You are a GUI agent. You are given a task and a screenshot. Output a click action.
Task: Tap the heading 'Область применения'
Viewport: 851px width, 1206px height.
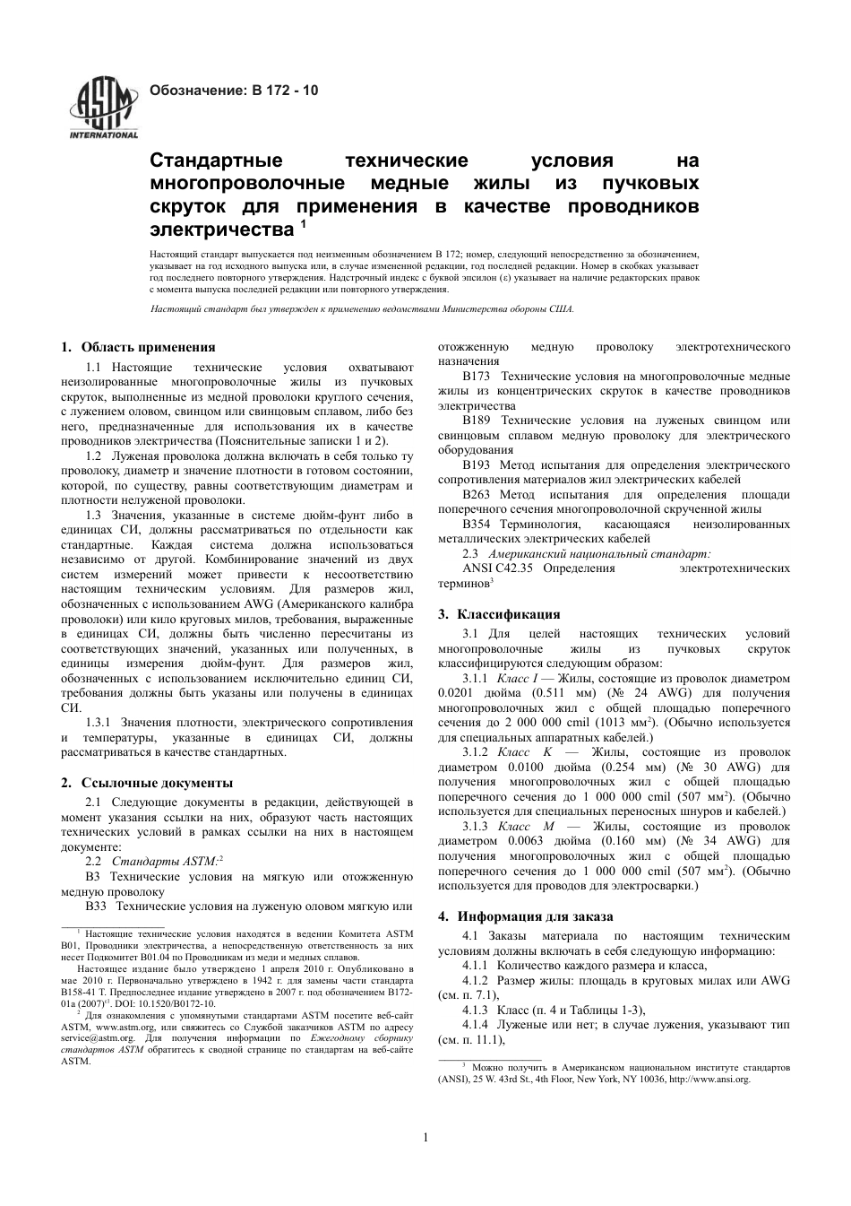148,348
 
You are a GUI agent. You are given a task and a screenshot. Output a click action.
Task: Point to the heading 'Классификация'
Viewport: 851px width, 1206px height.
509,614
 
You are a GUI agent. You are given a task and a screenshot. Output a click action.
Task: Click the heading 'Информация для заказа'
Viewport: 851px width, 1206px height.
535,916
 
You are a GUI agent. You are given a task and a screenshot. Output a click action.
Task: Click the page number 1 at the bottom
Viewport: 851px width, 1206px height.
425,1138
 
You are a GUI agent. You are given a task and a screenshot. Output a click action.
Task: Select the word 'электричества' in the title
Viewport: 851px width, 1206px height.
220,230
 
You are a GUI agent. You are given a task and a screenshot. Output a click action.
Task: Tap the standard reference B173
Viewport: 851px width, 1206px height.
476,377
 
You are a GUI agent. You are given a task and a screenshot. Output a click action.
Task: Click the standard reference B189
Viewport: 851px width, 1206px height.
476,421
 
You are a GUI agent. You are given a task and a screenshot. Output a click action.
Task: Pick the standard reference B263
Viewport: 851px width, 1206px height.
476,494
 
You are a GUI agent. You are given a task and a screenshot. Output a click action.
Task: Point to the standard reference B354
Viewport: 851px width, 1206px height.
476,524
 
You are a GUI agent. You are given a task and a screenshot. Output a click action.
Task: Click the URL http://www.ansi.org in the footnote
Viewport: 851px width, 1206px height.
708,1080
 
